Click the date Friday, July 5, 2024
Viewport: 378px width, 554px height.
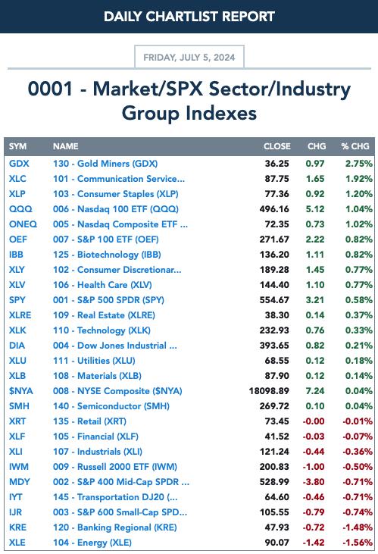tap(189, 58)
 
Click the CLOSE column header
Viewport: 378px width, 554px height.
tap(277, 146)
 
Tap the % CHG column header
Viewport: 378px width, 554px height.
tap(355, 146)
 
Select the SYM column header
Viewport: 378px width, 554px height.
tap(17, 146)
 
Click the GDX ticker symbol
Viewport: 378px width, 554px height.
tap(19, 164)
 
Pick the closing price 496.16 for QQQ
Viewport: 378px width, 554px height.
tap(274, 209)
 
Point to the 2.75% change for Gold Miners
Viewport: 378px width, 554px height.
tap(358, 164)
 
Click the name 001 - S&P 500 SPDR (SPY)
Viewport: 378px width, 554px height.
tap(108, 300)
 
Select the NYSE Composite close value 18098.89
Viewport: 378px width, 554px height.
tap(269, 391)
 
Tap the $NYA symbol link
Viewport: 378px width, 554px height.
tap(21, 391)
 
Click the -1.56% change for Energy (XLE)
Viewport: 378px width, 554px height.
tap(357, 543)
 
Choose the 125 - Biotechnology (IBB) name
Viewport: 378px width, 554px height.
tap(107, 255)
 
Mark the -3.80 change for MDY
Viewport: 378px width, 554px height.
tap(314, 482)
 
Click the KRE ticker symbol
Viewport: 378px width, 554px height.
tap(17, 527)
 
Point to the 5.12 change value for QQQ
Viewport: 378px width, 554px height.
tap(315, 209)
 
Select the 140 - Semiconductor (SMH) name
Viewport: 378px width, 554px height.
tap(111, 406)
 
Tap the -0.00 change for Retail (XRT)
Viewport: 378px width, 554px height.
tap(314, 421)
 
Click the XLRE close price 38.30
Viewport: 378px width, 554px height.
tap(277, 315)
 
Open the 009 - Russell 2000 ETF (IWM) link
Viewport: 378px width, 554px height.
tap(115, 467)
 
